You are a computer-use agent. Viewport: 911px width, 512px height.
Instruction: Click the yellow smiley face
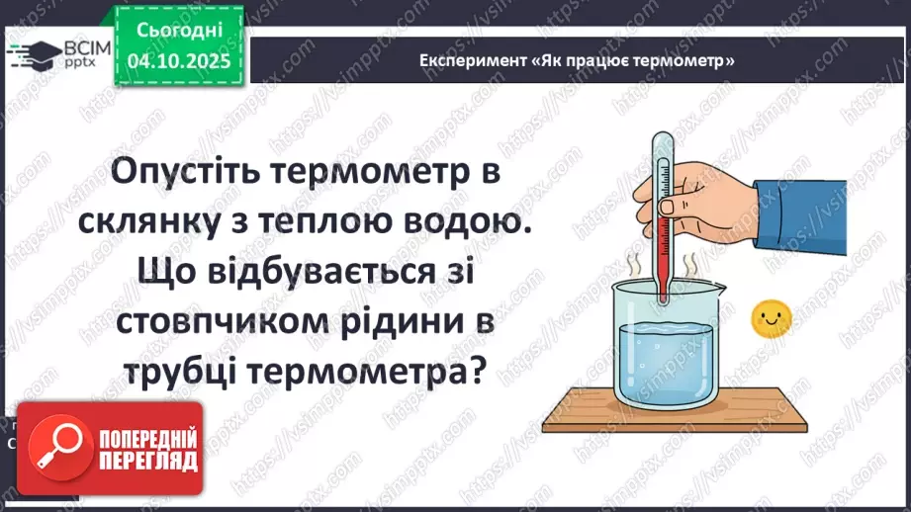[773, 317]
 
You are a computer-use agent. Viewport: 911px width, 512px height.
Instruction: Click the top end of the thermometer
[656, 137]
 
